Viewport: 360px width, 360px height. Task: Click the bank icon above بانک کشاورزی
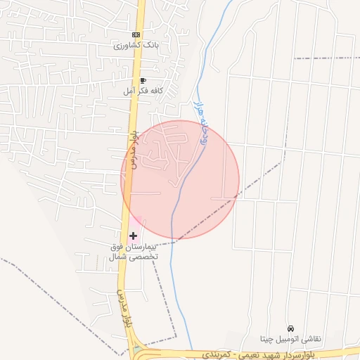(136, 34)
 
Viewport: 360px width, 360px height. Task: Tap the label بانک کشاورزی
(136, 45)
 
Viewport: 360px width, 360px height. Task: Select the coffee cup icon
(143, 81)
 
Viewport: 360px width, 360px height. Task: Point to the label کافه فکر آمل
(143, 91)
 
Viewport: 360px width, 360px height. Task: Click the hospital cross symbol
(134, 236)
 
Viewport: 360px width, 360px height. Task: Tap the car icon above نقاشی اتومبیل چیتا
(291, 328)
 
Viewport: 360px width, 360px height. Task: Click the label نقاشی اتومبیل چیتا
(291, 339)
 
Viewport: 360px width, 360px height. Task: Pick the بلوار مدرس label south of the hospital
(124, 310)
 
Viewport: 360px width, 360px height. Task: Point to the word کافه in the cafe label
(155, 91)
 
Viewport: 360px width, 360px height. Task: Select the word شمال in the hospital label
(118, 257)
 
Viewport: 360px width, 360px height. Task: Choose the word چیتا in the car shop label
(270, 339)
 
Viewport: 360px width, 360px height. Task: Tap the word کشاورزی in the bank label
(129, 45)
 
